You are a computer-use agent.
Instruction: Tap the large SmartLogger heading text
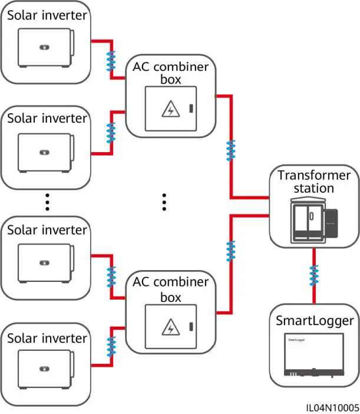tap(315, 321)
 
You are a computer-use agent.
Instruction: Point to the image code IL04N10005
tap(332, 407)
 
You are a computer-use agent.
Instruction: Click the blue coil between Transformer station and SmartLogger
tap(314, 275)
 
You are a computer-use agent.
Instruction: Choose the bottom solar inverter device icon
tap(46, 368)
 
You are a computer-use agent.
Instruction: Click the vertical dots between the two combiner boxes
tap(164, 202)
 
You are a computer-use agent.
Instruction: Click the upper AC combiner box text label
tap(171, 73)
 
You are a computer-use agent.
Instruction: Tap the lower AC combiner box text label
tap(171, 290)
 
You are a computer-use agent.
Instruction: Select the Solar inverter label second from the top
tap(47, 119)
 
